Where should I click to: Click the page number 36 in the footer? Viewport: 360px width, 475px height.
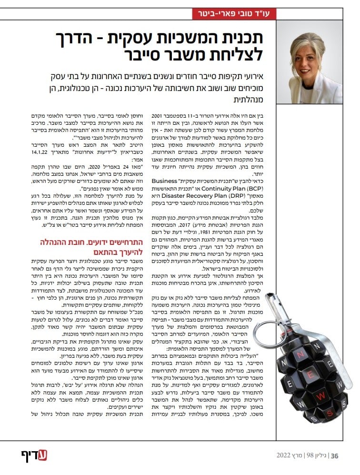[334, 455]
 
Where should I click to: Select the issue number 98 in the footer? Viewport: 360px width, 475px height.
[309, 455]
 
